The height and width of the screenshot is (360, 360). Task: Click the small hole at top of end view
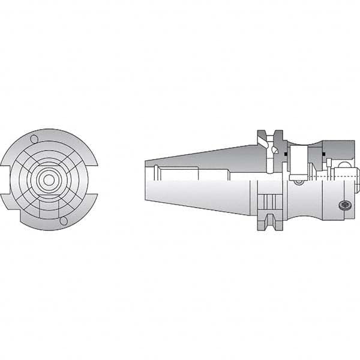click(x=34, y=140)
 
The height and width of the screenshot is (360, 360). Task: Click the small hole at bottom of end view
click(x=64, y=221)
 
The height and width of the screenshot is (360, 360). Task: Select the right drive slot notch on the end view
click(x=94, y=180)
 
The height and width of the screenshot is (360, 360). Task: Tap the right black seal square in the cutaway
click(x=323, y=155)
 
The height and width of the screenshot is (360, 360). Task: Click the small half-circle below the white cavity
click(x=298, y=180)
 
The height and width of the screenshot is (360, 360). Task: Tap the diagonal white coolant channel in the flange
click(x=263, y=142)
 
